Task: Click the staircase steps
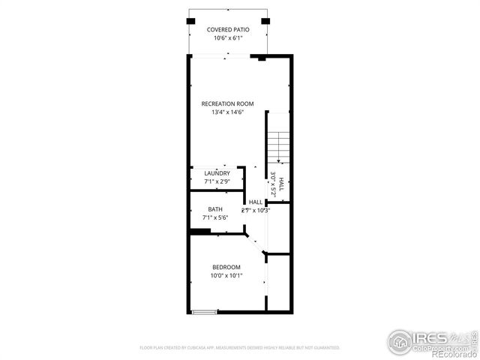(278, 144)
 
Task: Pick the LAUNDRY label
(217, 173)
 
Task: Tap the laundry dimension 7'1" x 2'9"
(217, 181)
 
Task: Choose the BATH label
(215, 209)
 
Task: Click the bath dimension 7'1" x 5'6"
(215, 217)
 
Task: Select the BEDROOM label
(226, 268)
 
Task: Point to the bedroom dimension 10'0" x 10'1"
(226, 276)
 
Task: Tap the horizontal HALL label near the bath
(256, 202)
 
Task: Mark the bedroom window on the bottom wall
(204, 311)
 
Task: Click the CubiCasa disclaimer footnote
(240, 348)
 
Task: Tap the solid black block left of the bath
(199, 232)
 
